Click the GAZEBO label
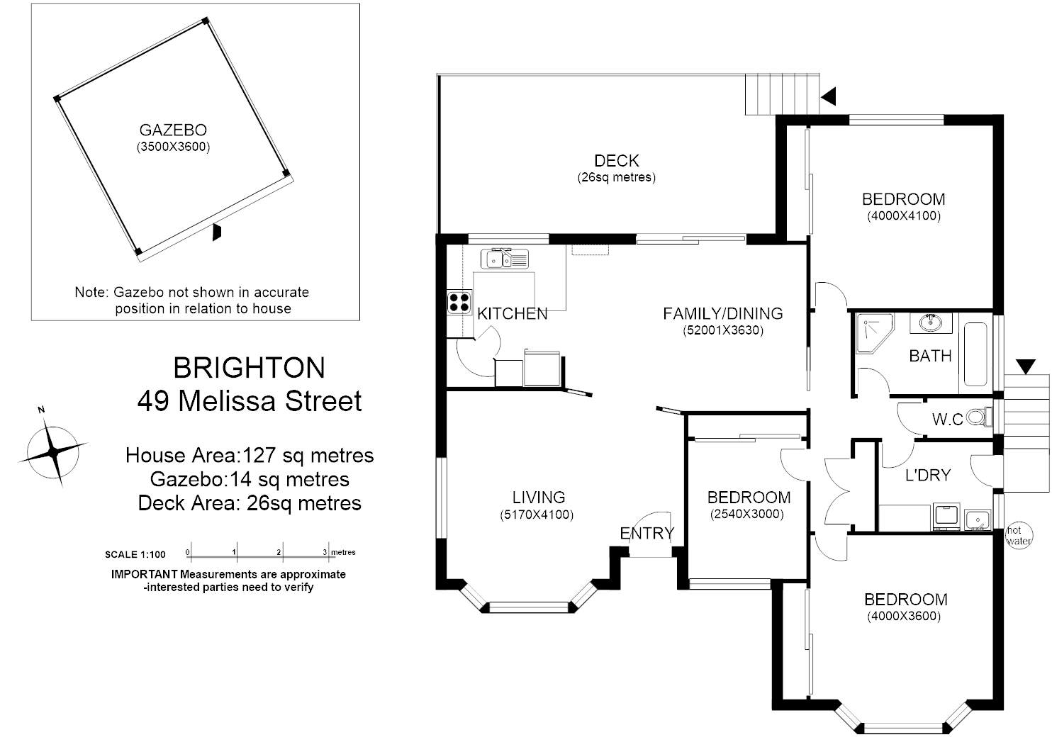[x=173, y=130]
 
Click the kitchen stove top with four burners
[x=459, y=303]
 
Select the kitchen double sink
[x=504, y=259]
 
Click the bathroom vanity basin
[x=931, y=323]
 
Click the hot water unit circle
[x=1019, y=536]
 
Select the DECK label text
[x=617, y=161]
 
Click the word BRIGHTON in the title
[x=250, y=368]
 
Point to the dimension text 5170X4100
[x=537, y=515]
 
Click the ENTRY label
[x=647, y=534]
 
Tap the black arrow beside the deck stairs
[x=828, y=96]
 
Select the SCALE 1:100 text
[x=135, y=555]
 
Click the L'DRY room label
[x=927, y=476]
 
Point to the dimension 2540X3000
[x=747, y=515]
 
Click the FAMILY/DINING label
[x=723, y=313]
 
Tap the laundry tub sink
[x=978, y=521]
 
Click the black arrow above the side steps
[x=1025, y=366]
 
